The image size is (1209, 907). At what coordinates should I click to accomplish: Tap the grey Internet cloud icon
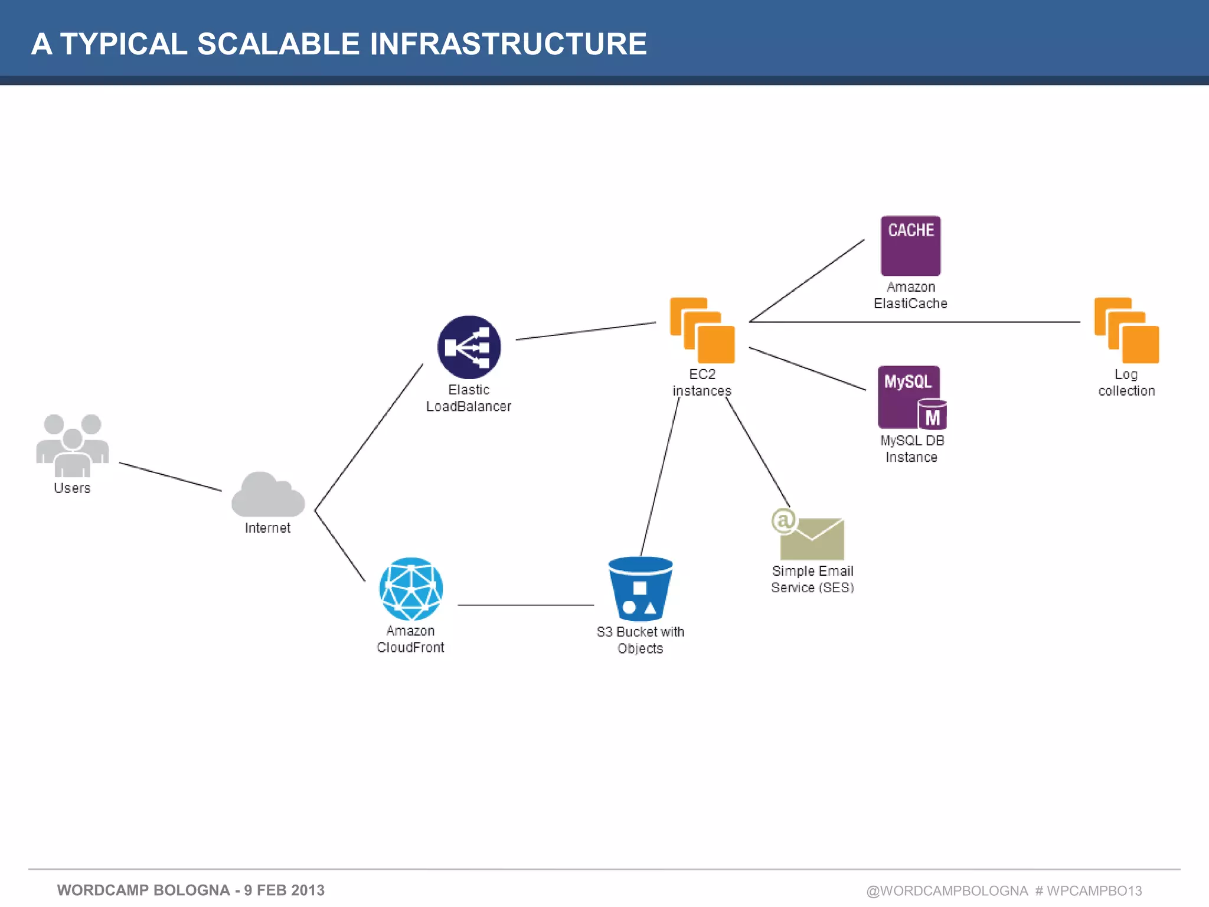pyautogui.click(x=268, y=496)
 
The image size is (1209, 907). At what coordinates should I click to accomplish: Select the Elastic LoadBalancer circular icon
pyautogui.click(x=469, y=347)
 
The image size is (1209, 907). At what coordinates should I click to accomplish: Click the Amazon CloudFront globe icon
pyautogui.click(x=411, y=589)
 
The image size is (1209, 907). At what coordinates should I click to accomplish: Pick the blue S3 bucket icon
pyautogui.click(x=641, y=589)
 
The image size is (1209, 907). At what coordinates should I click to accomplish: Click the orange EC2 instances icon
pyautogui.click(x=702, y=331)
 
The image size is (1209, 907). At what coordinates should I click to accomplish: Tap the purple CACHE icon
pyautogui.click(x=911, y=246)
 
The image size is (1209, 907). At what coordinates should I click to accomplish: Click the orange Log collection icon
pyautogui.click(x=1126, y=331)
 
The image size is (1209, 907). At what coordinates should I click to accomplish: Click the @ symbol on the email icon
pyautogui.click(x=784, y=520)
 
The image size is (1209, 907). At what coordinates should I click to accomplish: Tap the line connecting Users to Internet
pyautogui.click(x=170, y=477)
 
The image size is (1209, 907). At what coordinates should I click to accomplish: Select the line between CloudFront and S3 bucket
pyautogui.click(x=525, y=605)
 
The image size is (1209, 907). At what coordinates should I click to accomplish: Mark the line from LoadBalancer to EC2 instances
pyautogui.click(x=586, y=331)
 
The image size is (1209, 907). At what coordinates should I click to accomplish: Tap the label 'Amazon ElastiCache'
pyautogui.click(x=911, y=295)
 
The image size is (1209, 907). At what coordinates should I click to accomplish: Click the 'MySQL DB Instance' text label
pyautogui.click(x=912, y=449)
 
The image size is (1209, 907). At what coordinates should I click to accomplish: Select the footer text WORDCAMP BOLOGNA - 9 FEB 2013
pyautogui.click(x=191, y=890)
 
